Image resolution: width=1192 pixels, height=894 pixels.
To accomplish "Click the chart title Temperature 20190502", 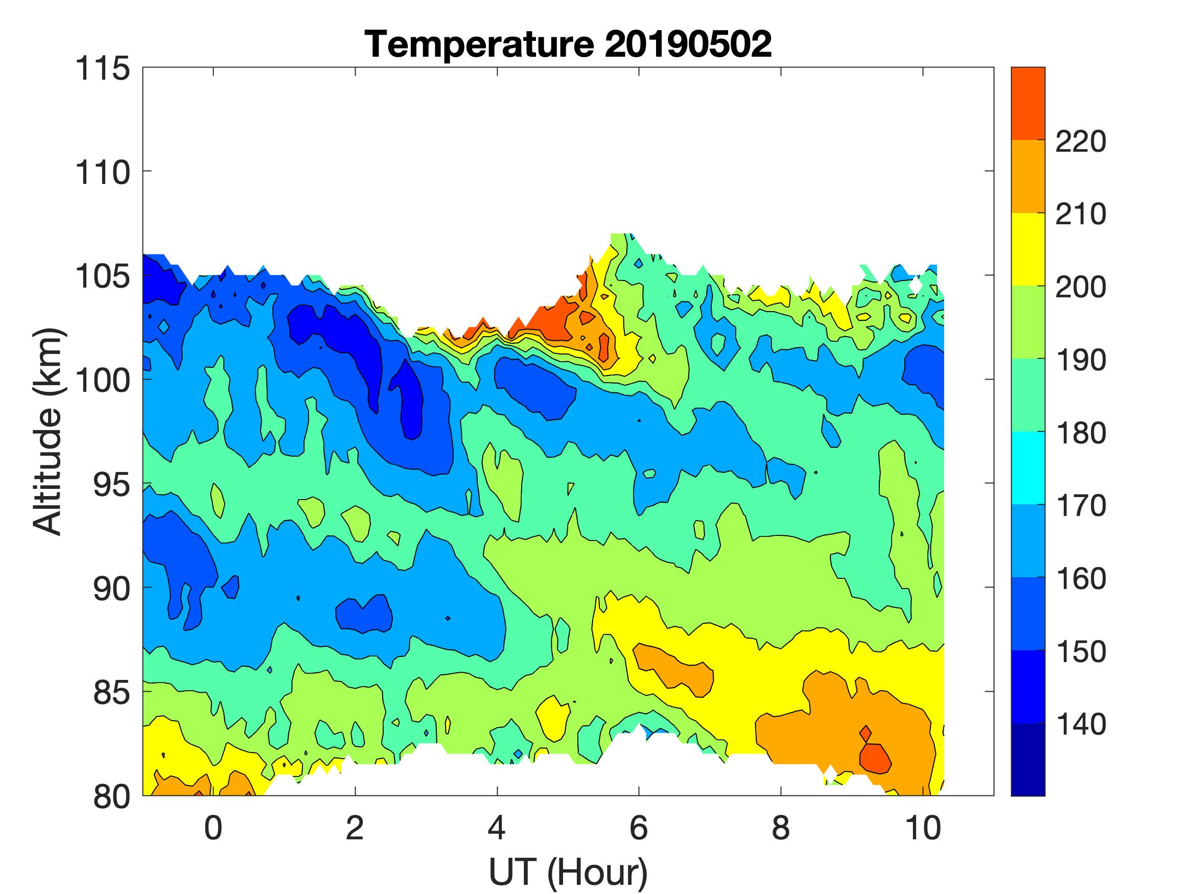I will [568, 44].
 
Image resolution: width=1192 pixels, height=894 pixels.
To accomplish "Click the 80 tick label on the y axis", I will [110, 797].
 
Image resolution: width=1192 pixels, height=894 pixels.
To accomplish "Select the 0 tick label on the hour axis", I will [214, 828].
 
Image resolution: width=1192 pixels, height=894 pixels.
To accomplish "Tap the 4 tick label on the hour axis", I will [497, 828].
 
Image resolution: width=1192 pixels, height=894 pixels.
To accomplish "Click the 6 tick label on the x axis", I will [639, 828].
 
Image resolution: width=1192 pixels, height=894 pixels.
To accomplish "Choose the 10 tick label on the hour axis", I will [923, 828].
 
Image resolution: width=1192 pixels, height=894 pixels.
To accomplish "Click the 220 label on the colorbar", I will [1081, 142].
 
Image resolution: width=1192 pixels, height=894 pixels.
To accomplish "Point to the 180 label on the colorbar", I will [1081, 433].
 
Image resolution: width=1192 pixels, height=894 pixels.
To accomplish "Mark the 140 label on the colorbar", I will [1081, 725].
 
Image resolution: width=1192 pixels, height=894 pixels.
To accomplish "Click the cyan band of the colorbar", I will [1027, 468].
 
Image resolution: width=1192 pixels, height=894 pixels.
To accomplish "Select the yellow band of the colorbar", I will [1027, 249].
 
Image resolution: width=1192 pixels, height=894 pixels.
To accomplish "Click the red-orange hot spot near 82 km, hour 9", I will [874, 759].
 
